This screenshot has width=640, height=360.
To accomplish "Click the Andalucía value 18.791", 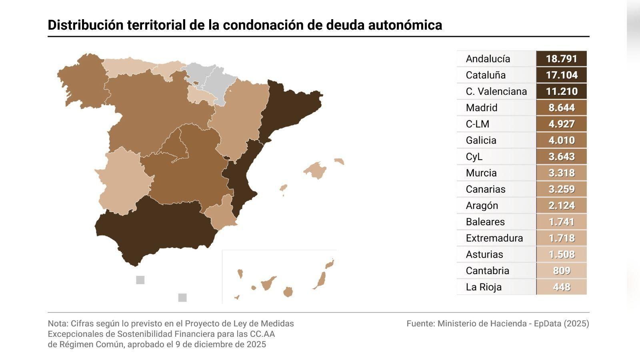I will point(561,59).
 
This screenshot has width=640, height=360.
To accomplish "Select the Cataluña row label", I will point(486,75).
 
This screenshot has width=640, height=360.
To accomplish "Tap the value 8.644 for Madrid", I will point(561,108).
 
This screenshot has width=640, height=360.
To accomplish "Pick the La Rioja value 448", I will point(561,287).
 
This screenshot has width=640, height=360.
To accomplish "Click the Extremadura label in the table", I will point(494,238).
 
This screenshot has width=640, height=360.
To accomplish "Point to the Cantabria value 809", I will point(561,270).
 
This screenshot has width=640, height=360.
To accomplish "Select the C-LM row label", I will point(477,124).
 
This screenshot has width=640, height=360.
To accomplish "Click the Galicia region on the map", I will point(82,80).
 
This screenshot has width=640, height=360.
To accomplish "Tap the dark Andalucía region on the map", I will point(152,228).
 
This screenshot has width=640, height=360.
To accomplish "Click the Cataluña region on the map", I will point(288,108).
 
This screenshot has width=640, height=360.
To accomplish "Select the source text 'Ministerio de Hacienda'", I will point(482,324).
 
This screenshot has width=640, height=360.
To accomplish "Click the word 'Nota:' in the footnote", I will point(58,324).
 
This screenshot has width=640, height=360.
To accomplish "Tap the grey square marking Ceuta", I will point(140,280).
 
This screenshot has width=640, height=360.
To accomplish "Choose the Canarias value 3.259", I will point(561,189).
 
